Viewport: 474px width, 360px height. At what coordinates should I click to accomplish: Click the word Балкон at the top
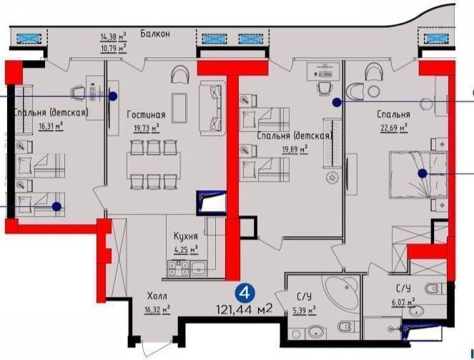click(x=154, y=33)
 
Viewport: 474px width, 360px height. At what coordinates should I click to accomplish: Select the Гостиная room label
click(x=147, y=114)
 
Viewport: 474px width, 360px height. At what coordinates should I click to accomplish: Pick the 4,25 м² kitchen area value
click(x=185, y=249)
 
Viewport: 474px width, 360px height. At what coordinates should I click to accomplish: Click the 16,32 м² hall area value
click(x=157, y=309)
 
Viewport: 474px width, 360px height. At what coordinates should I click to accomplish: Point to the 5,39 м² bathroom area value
click(x=304, y=311)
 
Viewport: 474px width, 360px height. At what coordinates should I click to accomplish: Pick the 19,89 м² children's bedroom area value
click(x=294, y=149)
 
